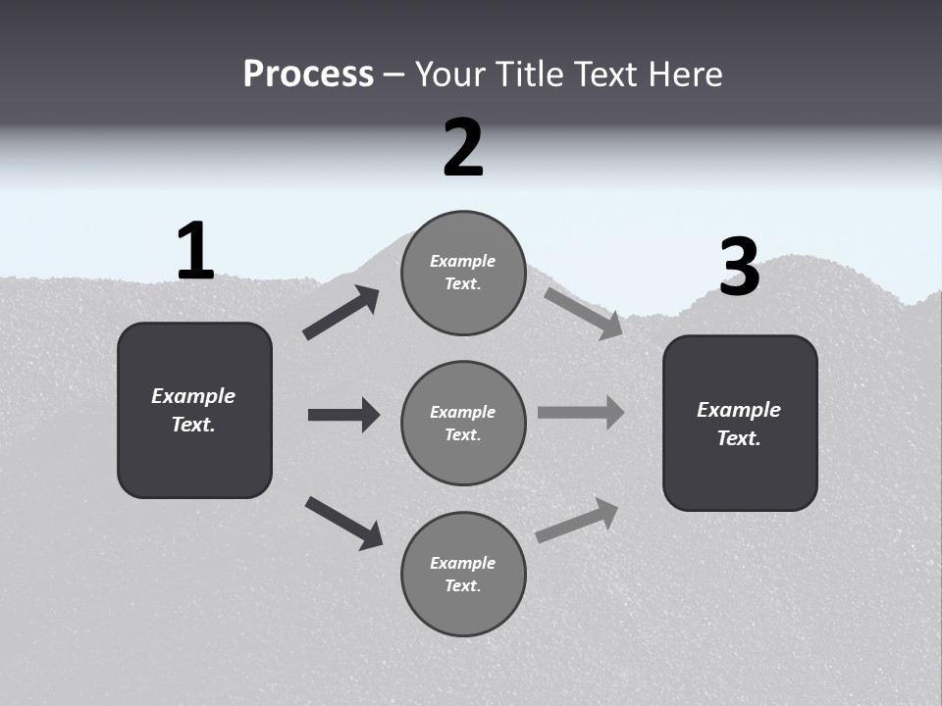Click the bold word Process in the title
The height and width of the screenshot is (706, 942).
click(x=308, y=74)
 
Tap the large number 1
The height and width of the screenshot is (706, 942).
click(x=195, y=251)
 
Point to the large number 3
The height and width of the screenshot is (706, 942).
click(x=740, y=267)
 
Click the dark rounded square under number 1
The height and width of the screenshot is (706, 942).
click(x=194, y=410)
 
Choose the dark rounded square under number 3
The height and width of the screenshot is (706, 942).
click(x=740, y=423)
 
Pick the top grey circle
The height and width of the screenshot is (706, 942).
click(x=463, y=273)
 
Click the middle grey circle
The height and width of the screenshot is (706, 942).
click(x=463, y=423)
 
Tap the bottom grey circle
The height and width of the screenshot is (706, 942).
click(x=463, y=574)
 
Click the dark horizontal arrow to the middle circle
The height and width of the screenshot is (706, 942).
click(x=343, y=415)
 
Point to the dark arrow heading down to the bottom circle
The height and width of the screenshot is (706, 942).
click(x=343, y=522)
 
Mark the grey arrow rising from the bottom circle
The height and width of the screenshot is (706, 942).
click(x=577, y=520)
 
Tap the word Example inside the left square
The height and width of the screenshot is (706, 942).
click(x=193, y=396)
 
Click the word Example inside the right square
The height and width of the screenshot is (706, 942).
click(x=739, y=410)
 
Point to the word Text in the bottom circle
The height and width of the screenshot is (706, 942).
click(x=462, y=585)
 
